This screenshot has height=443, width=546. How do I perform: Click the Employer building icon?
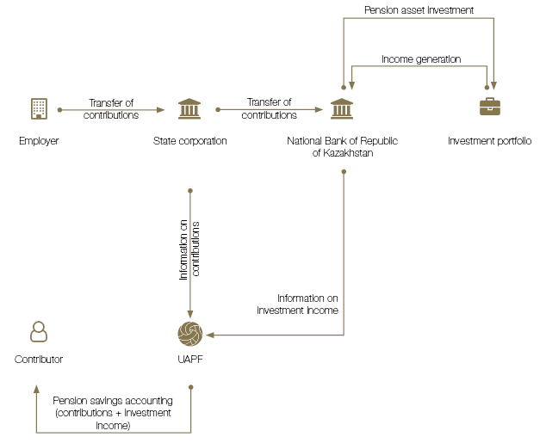pyautogui.click(x=38, y=109)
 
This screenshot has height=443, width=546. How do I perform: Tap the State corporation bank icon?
pyautogui.click(x=189, y=109)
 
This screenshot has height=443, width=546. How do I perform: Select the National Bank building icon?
pyautogui.click(x=342, y=109)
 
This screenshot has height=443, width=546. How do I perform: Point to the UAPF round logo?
pyautogui.click(x=189, y=334)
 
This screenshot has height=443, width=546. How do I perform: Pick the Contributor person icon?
pyautogui.click(x=38, y=331)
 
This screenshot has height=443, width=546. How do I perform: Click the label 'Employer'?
pyautogui.click(x=39, y=140)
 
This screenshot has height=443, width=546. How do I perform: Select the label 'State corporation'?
pyautogui.click(x=189, y=140)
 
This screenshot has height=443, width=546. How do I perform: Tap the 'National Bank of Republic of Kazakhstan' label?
pyautogui.click(x=342, y=146)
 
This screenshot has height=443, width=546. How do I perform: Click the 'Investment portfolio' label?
pyautogui.click(x=489, y=140)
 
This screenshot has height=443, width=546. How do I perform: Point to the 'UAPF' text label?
pyautogui.click(x=189, y=360)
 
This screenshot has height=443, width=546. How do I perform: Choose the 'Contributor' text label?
pyautogui.click(x=39, y=360)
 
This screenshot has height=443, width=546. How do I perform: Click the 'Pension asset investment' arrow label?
pyautogui.click(x=419, y=10)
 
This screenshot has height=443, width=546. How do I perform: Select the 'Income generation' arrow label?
pyautogui.click(x=421, y=59)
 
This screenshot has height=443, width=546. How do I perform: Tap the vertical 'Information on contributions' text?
pyautogui.click(x=189, y=250)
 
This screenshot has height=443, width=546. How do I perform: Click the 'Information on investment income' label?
pyautogui.click(x=297, y=304)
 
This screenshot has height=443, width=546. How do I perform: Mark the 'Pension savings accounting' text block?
pyautogui.click(x=113, y=413)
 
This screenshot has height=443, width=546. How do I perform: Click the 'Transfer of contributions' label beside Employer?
pyautogui.click(x=111, y=109)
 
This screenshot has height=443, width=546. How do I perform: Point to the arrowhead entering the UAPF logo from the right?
pyautogui.click(x=210, y=335)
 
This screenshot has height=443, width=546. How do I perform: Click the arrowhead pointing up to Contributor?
pyautogui.click(x=37, y=389)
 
